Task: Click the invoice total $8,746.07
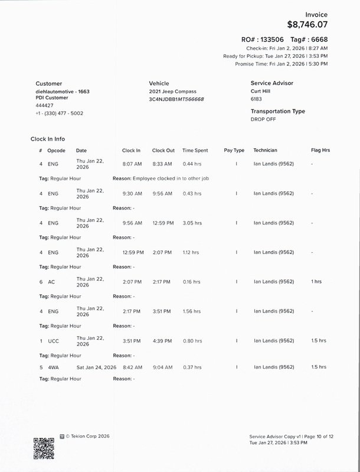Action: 307,25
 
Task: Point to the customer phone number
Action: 59,113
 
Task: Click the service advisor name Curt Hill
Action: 263,92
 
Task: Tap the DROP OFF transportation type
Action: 264,119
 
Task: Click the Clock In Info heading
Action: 48,139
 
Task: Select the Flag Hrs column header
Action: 320,151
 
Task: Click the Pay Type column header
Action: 234,151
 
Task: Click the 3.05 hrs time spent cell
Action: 192,223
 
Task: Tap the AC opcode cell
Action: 51,282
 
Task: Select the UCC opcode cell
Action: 53,341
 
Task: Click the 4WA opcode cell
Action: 53,367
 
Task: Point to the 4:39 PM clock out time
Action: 162,341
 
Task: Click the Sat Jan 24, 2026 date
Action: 96,367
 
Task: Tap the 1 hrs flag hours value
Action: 316,282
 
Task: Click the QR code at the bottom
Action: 44,448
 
